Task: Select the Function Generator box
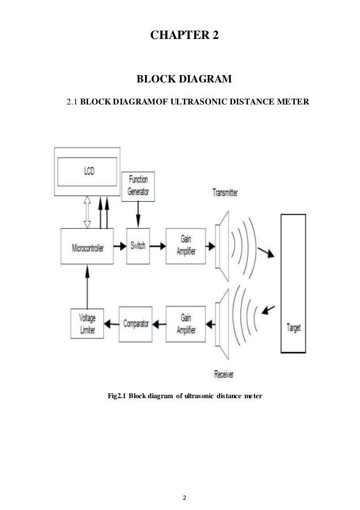[138, 186]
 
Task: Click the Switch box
[138, 246]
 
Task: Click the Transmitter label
[225, 193]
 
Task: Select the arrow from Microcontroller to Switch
[119, 246]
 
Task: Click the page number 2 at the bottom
[180, 483]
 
